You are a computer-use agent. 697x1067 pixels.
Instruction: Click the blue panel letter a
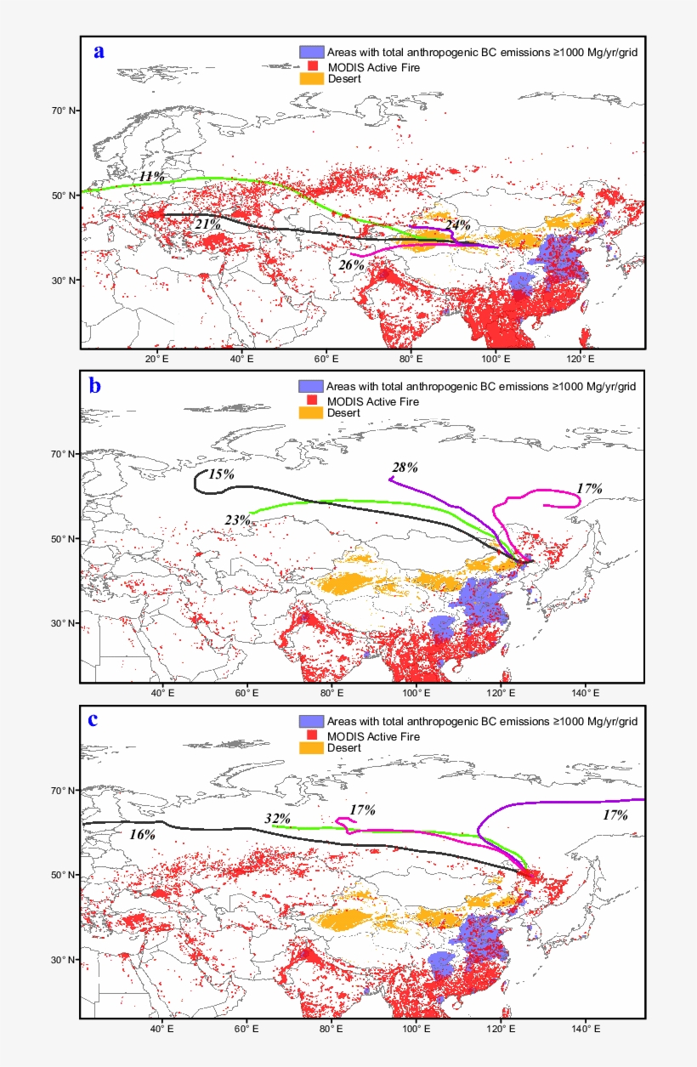(x=99, y=52)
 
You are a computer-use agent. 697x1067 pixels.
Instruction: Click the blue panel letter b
(x=95, y=386)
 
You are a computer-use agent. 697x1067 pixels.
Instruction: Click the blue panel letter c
(x=93, y=719)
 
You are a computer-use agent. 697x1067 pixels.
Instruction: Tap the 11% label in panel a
(x=152, y=176)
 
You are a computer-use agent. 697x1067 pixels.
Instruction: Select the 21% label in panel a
(x=207, y=224)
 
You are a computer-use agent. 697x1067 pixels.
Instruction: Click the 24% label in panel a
(x=457, y=225)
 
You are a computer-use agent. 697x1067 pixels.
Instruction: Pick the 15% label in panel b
(x=221, y=474)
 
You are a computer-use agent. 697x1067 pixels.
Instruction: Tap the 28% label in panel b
(x=405, y=468)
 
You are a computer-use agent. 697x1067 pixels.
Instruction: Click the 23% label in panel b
(x=238, y=519)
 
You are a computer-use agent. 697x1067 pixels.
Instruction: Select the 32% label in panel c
(x=278, y=819)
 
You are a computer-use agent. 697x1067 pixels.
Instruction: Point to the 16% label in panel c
(x=142, y=835)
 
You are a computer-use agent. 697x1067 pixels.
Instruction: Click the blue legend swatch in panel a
(x=311, y=52)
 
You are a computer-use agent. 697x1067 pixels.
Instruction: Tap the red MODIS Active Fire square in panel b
(x=313, y=400)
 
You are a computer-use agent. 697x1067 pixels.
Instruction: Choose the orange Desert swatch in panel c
(x=311, y=748)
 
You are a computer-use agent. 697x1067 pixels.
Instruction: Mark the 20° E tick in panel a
(x=155, y=359)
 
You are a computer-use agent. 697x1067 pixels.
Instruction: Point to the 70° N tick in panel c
(x=63, y=791)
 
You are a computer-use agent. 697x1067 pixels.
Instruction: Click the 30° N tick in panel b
(x=63, y=623)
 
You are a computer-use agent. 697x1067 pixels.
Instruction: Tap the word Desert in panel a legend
(x=345, y=78)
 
